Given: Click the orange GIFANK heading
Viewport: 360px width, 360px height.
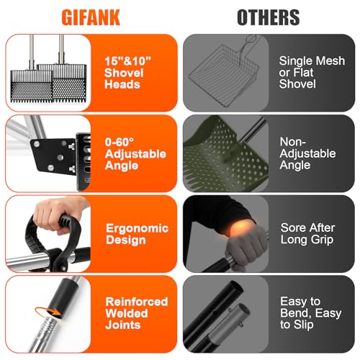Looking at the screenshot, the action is (91, 17).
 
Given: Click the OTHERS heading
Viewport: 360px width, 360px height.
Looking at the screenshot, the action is (269, 17).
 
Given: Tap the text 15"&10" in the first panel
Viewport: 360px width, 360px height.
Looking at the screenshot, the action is (128, 61).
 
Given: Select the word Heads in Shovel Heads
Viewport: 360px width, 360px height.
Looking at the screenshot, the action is (122, 84).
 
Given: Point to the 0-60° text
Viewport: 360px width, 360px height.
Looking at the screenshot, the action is (120, 142).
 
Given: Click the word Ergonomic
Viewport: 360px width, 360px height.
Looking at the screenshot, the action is (137, 229).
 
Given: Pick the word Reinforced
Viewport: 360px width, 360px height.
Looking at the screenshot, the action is (137, 302).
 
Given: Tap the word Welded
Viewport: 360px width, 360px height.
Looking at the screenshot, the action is (127, 313).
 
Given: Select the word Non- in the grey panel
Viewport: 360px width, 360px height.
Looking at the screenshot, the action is (293, 142).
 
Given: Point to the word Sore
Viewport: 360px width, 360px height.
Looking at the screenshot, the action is (292, 228).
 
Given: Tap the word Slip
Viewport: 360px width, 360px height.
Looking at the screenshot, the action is (303, 325).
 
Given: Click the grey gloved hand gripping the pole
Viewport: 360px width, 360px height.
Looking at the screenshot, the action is (246, 245).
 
